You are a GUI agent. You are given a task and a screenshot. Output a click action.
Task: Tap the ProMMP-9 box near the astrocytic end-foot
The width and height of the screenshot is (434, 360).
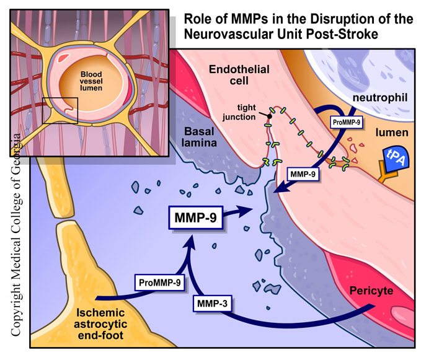160,283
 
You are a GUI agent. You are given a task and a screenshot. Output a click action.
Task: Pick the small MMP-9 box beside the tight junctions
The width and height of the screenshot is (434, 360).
304,174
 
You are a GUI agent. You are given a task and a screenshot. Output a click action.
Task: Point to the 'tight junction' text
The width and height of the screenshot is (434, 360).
254,111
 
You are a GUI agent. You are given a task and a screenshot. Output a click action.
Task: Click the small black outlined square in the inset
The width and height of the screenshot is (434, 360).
60,110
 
